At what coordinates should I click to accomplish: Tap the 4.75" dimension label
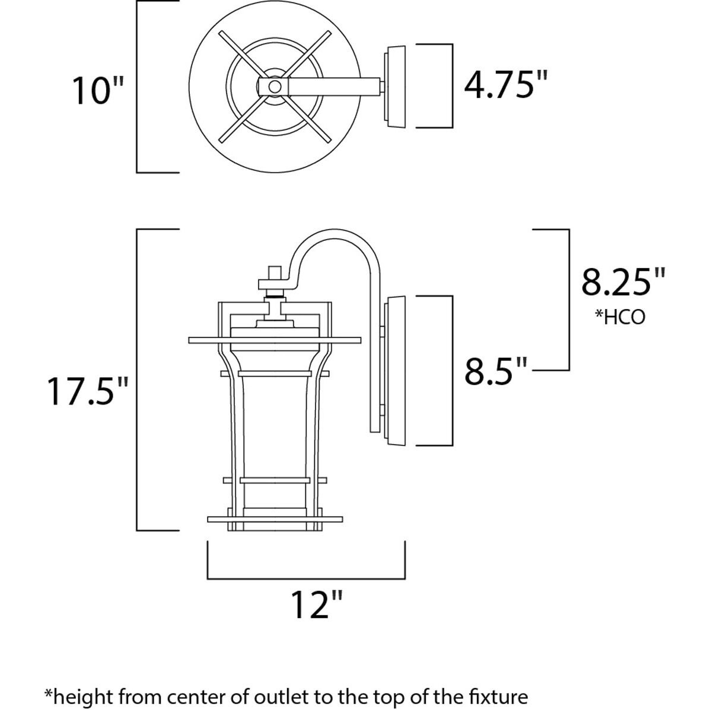click(504, 85)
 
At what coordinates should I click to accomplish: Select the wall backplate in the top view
click(396, 87)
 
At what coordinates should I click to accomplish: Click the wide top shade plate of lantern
click(274, 340)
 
